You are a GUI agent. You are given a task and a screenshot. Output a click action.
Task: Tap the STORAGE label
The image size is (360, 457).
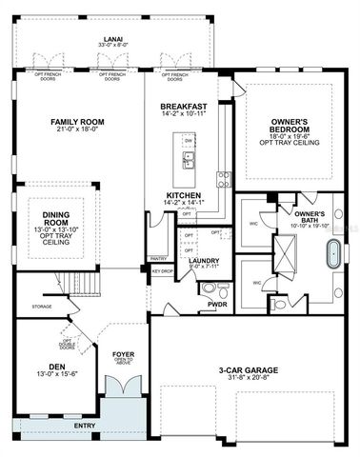[41, 307]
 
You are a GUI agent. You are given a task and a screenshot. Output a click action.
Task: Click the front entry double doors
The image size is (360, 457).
[121, 387]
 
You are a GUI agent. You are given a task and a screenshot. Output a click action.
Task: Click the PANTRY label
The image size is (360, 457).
[158, 257]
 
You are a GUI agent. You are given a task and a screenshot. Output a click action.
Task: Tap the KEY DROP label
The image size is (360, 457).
[162, 271]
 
